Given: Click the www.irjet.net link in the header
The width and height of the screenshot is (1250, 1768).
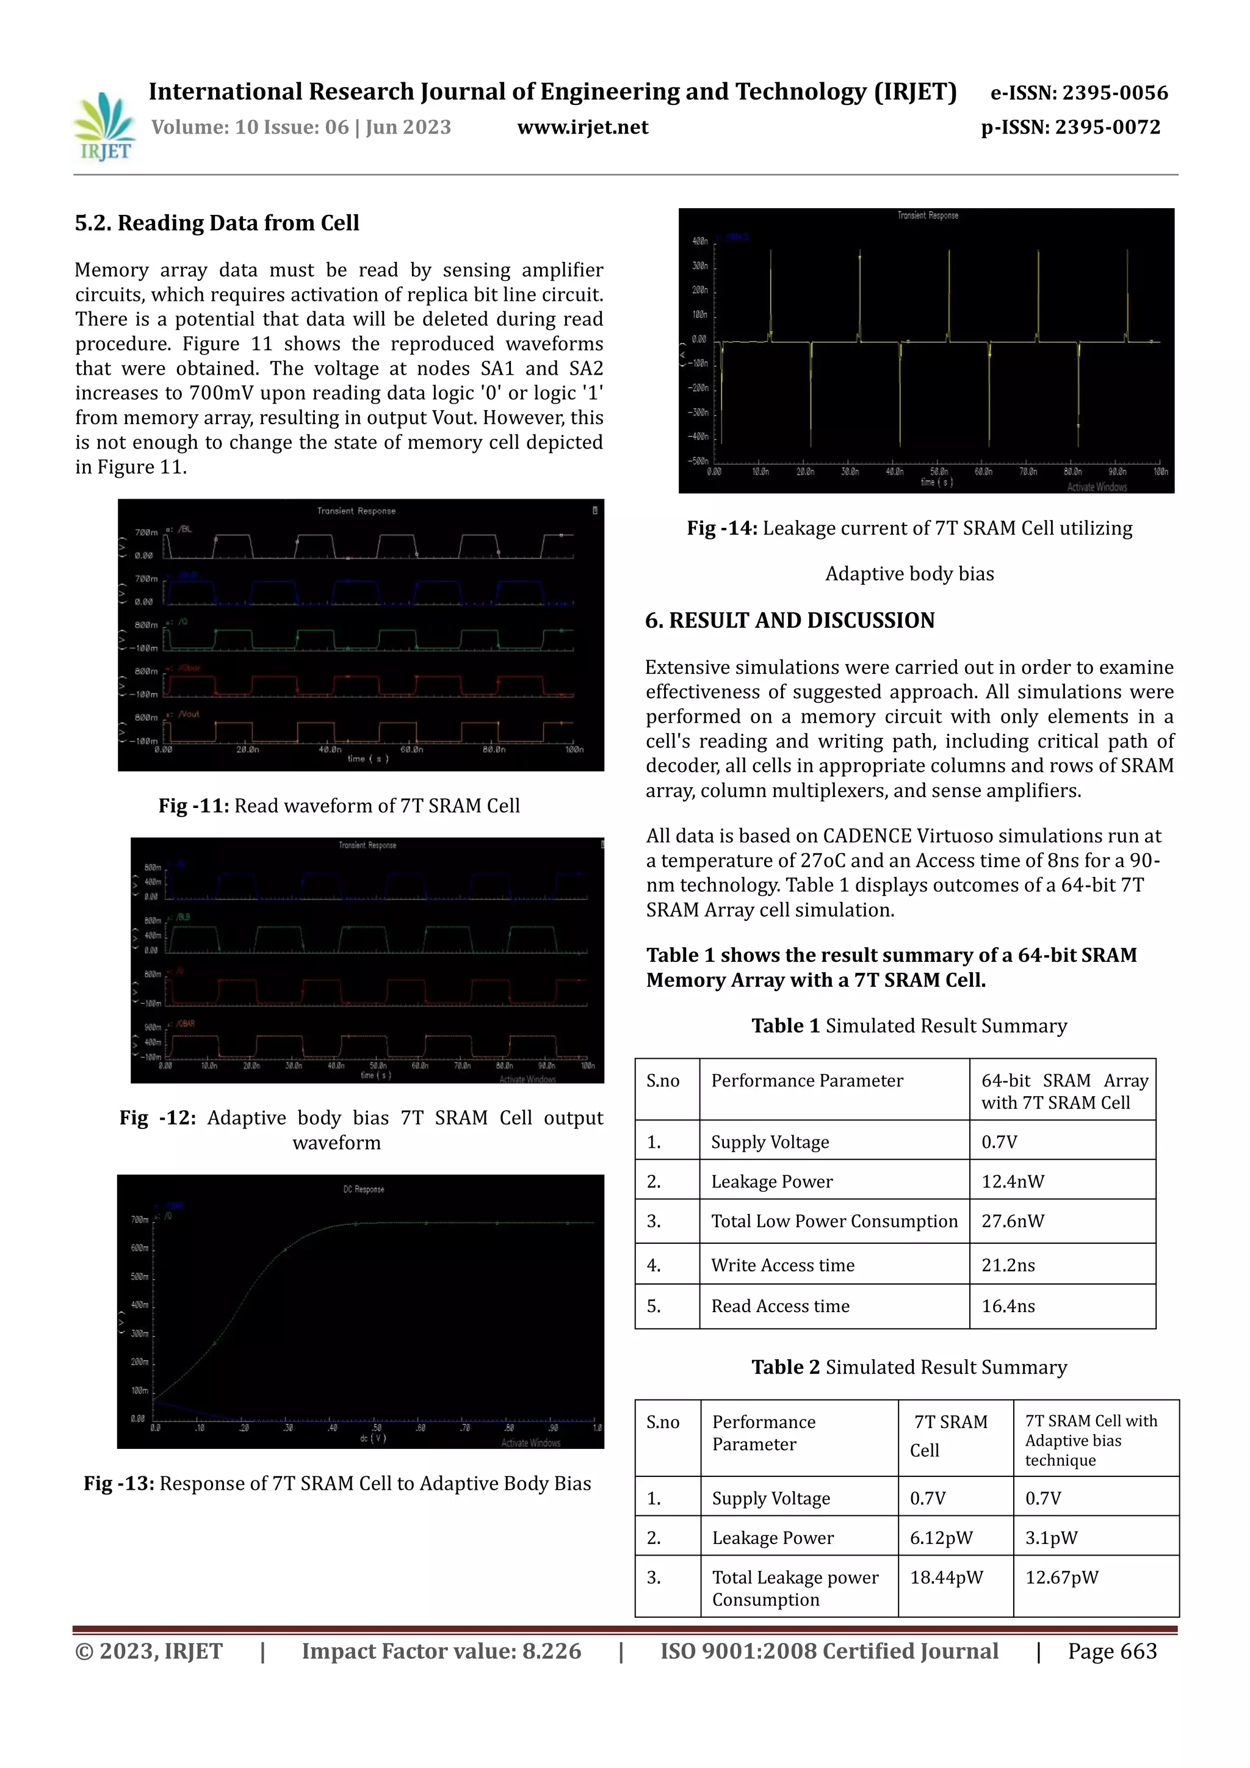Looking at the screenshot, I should point(582,127).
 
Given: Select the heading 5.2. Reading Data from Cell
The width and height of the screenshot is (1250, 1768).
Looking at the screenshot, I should point(217,223).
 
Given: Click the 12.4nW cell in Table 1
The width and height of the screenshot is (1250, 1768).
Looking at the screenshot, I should point(1012,1182).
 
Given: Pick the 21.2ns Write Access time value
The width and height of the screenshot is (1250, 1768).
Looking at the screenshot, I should point(1008,1265).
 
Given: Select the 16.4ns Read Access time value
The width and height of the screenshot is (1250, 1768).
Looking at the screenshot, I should point(1008,1306).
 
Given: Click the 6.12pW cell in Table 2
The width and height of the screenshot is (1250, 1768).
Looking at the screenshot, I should point(941,1538).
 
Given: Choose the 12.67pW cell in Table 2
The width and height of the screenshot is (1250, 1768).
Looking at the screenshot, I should point(1061,1577).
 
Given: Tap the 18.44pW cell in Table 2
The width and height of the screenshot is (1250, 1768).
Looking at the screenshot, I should point(946,1577).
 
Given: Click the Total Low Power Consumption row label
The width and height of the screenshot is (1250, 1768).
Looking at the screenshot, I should point(834,1221).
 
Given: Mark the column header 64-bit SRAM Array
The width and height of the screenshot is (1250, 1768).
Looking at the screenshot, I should point(1064,1091).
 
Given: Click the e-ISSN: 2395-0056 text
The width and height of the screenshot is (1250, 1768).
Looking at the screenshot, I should point(1078,93).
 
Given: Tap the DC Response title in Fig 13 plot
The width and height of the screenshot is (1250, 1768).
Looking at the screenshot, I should point(364,1189).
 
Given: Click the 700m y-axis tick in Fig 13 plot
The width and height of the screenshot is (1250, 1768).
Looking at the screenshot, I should point(139,1220).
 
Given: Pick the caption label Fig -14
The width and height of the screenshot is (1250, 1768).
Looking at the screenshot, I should point(721,529).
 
